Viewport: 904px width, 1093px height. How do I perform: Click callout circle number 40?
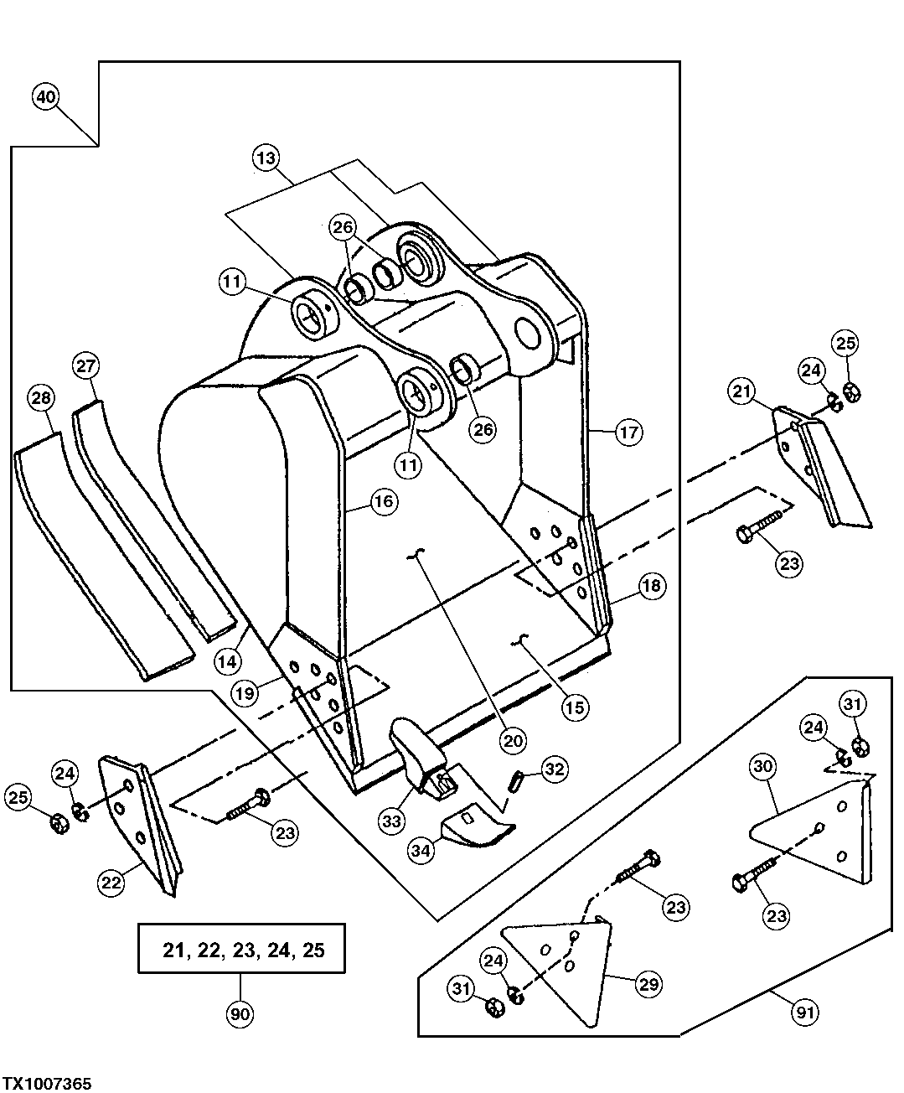46,97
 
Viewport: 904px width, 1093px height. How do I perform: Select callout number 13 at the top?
266,158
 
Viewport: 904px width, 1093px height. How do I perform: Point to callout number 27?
86,366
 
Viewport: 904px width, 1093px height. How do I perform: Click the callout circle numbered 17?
629,433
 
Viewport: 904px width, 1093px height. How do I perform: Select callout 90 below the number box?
240,1014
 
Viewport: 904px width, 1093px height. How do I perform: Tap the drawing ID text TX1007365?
46,1083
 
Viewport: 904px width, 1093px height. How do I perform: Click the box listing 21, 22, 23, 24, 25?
241,949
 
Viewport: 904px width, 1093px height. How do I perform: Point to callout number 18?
653,586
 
